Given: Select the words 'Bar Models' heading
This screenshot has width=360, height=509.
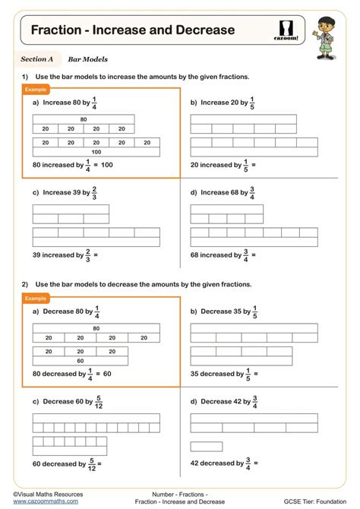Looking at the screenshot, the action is tap(87, 58).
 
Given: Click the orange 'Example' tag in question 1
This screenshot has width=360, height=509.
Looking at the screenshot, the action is tap(36, 89).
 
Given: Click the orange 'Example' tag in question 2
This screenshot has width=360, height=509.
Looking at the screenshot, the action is tap(36, 298).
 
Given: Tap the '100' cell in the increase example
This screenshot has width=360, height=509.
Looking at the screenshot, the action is tap(96, 152).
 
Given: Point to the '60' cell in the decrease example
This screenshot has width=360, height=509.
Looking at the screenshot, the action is tap(80, 361).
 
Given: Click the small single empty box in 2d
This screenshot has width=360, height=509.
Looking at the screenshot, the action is tap(206, 447).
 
